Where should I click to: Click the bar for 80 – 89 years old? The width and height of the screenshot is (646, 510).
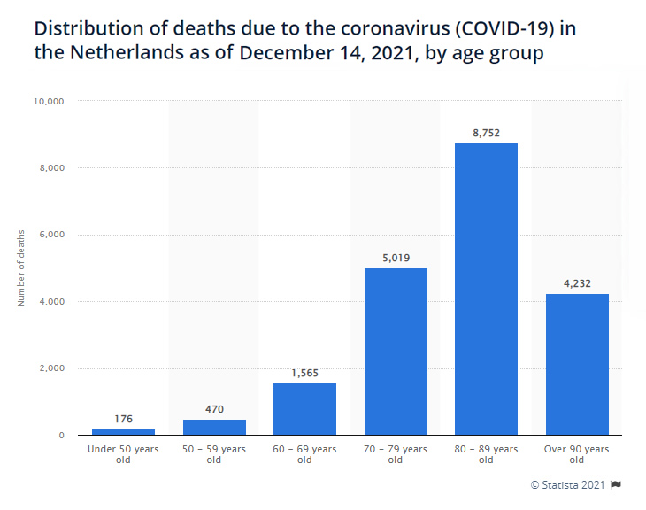[x=486, y=289]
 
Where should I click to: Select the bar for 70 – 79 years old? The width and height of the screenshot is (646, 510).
[x=396, y=352]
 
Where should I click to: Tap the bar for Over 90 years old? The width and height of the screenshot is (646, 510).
[x=577, y=364]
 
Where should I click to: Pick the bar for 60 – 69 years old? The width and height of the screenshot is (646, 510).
[x=304, y=409]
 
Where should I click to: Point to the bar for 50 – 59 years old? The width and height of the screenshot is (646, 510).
[x=214, y=427]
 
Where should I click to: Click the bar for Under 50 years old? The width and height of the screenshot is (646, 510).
[x=124, y=432]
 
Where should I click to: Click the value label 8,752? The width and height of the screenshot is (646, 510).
[x=486, y=133]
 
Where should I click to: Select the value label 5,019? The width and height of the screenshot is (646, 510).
[x=396, y=258]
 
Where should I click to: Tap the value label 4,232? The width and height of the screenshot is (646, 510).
[x=577, y=284]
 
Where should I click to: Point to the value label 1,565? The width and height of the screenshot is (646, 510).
[x=304, y=373]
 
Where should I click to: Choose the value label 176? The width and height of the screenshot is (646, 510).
[x=124, y=419]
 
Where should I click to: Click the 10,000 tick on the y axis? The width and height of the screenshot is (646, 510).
[x=50, y=101]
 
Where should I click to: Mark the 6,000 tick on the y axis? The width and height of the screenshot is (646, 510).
[x=52, y=235]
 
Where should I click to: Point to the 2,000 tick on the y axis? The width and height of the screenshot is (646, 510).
[x=52, y=368]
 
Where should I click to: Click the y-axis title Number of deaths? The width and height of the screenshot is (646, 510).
[x=21, y=267]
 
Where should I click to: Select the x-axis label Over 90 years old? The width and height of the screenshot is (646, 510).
[x=577, y=454]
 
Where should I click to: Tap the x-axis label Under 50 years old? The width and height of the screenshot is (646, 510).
[x=124, y=454]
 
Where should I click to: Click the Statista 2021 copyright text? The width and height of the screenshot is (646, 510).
[x=567, y=484]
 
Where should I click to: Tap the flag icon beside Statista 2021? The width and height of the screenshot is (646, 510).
[x=616, y=484]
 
